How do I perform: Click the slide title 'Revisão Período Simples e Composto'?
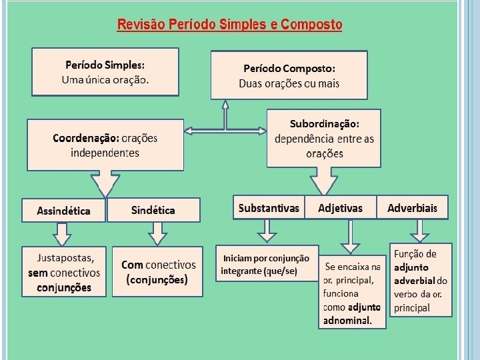[229, 25]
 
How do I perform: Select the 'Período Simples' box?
[105, 72]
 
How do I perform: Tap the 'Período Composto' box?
[289, 75]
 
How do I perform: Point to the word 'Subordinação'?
[325, 124]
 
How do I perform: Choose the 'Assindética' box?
[64, 211]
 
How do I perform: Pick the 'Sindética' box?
[153, 210]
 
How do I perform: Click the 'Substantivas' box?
[269, 208]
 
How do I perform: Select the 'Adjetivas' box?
[341, 208]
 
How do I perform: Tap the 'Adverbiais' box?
[412, 208]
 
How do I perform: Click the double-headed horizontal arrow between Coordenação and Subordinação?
[225, 130]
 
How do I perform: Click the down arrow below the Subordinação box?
[324, 180]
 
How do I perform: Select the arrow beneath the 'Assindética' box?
[62, 234]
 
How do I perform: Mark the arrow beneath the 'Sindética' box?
[157, 233]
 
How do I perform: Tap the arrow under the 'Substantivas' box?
[267, 230]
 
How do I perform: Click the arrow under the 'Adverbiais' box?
[420, 230]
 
